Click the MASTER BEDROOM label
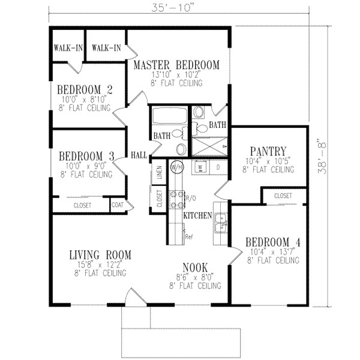click(x=176, y=65)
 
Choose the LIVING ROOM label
click(x=99, y=255)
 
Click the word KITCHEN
click(x=197, y=214)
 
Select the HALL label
click(x=139, y=154)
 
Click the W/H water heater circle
click(x=177, y=166)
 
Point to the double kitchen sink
click(x=220, y=222)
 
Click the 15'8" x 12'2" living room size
click(x=99, y=265)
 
